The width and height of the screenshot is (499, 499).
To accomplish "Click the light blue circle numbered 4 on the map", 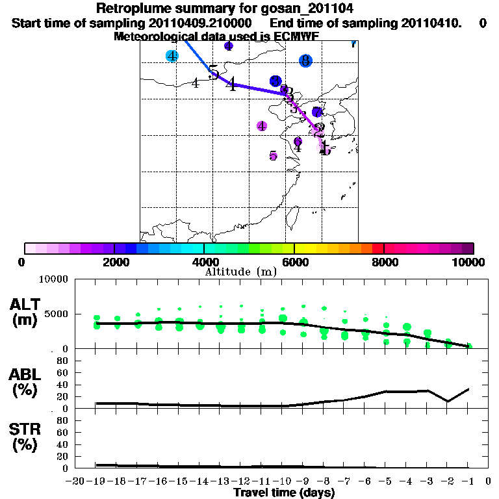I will pos(172,57).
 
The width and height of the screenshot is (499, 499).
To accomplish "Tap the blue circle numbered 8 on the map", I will pos(305,61).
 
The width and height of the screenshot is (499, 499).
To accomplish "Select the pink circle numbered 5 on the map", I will pos(274,156).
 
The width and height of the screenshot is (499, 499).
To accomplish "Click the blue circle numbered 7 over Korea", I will pos(317,112).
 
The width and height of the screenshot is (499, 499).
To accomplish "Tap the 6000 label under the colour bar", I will pos(294,262).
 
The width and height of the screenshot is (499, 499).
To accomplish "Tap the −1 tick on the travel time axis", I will pos(469,481).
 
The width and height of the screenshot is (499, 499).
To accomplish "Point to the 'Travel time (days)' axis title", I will pos(284,493).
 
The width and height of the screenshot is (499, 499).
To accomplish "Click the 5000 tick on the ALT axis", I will pos(55,314).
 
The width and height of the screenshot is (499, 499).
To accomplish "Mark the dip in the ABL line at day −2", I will pos(448,401).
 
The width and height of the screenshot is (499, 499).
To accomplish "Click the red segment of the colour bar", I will pos(377,248).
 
